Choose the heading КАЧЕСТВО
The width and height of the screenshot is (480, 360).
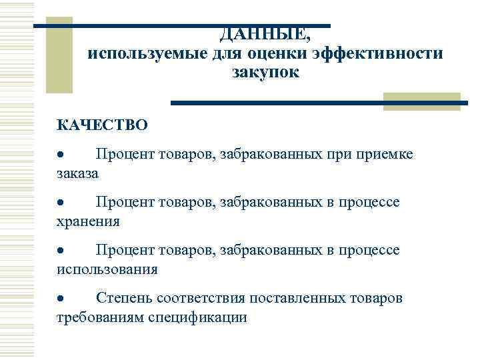click(x=102, y=125)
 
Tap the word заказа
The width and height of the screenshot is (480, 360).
click(x=77, y=173)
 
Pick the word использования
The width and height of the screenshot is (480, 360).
click(x=107, y=269)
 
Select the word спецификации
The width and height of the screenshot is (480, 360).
click(x=207, y=317)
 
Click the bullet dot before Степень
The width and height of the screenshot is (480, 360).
click(x=60, y=298)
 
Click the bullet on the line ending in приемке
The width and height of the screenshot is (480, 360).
click(x=60, y=155)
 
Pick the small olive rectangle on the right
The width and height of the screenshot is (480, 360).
click(x=422, y=101)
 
